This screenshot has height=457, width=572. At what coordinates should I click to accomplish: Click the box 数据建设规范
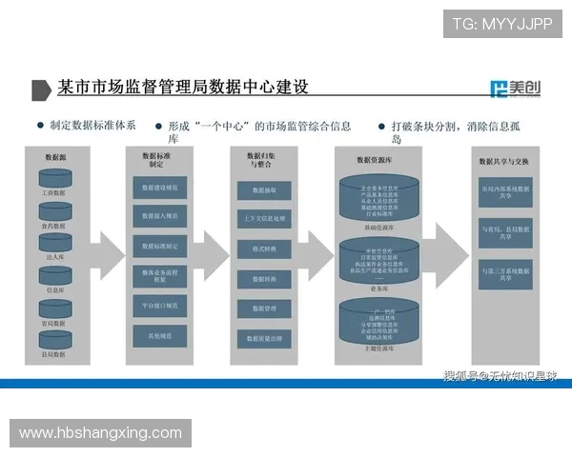pyautogui.click(x=159, y=189)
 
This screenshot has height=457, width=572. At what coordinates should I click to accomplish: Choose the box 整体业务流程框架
pyautogui.click(x=159, y=276)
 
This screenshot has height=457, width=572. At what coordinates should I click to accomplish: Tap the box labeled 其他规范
pyautogui.click(x=159, y=336)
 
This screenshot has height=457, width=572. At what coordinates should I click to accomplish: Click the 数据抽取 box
pyautogui.click(x=264, y=190)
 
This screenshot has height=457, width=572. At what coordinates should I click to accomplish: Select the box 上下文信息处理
pyautogui.click(x=264, y=219)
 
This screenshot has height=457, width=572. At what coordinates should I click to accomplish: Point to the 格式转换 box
pyautogui.click(x=264, y=249)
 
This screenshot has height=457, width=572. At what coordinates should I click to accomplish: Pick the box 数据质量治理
pyautogui.click(x=264, y=338)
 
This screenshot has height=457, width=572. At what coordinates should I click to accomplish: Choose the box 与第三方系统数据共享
pyautogui.click(x=505, y=277)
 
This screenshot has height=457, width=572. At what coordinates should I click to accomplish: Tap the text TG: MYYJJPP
pyautogui.click(x=501, y=24)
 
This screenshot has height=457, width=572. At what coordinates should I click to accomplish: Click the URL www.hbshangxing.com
pyautogui.click(x=100, y=433)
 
